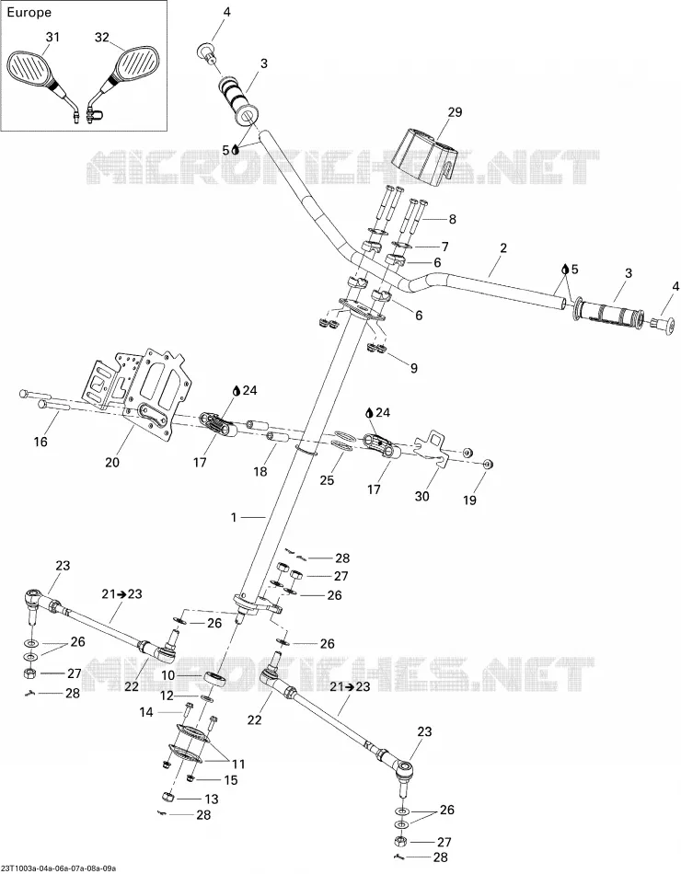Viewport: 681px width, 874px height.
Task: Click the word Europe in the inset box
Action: [x=29, y=12]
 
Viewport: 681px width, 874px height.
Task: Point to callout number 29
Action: [x=456, y=112]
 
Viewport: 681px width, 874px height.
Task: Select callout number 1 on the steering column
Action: [x=234, y=517]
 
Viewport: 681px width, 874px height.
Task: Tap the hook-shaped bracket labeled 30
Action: [x=433, y=449]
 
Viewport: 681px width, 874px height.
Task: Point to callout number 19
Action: [x=469, y=500]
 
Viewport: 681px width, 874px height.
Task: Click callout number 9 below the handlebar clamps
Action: [x=413, y=368]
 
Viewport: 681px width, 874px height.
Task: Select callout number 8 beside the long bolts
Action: [x=453, y=219]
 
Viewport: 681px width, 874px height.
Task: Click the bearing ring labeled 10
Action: [x=215, y=679]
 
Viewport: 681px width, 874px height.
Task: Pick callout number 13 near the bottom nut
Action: [x=211, y=799]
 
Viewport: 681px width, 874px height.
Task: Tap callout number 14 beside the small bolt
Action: [x=146, y=712]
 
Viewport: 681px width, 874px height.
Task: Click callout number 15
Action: [x=230, y=780]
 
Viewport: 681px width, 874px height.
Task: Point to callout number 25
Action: [x=327, y=479]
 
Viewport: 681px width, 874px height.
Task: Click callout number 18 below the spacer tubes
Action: [x=260, y=472]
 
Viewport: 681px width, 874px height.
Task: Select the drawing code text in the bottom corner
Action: [x=59, y=868]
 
